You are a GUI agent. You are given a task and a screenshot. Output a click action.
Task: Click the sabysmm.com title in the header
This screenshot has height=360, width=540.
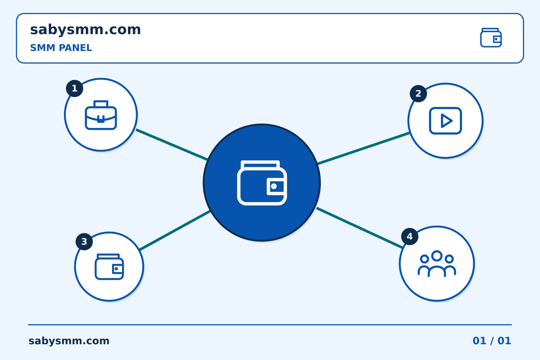(85, 30)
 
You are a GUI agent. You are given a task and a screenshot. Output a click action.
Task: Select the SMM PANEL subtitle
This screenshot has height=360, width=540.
(61, 48)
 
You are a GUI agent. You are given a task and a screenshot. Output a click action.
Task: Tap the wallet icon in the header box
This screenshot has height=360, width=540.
(491, 37)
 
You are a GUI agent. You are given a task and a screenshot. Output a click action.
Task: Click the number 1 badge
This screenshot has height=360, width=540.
(75, 88)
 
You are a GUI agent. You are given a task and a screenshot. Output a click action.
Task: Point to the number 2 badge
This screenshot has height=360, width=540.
(418, 93)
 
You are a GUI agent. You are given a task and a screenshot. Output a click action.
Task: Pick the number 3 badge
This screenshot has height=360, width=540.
(84, 241)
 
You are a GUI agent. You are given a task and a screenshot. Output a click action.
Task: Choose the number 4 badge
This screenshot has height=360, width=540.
(409, 237)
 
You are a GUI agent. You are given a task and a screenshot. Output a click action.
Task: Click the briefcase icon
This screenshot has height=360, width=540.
(101, 115)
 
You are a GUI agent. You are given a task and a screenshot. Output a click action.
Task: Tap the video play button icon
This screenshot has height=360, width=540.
(445, 121)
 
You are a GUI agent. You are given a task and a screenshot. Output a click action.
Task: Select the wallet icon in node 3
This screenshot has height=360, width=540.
(109, 267)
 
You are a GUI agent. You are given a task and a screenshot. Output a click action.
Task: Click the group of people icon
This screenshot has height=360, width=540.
(436, 264)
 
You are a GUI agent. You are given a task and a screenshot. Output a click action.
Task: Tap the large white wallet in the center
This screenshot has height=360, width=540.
(262, 183)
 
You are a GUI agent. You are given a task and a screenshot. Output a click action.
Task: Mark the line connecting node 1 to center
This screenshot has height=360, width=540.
(172, 145)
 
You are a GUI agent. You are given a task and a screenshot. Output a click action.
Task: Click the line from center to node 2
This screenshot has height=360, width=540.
(363, 148)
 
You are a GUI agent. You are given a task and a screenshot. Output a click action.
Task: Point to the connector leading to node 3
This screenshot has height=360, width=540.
(175, 230)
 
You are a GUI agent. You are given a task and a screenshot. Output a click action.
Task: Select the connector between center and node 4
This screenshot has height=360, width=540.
(359, 228)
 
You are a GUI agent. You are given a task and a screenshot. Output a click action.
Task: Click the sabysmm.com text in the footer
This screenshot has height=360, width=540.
(69, 341)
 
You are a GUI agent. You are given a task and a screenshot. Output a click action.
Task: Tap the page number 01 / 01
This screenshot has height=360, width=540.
(492, 341)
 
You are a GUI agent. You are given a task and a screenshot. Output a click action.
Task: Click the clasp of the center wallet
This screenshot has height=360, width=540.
(276, 186)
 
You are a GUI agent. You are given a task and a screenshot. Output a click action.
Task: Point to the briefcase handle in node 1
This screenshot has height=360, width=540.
(101, 103)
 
